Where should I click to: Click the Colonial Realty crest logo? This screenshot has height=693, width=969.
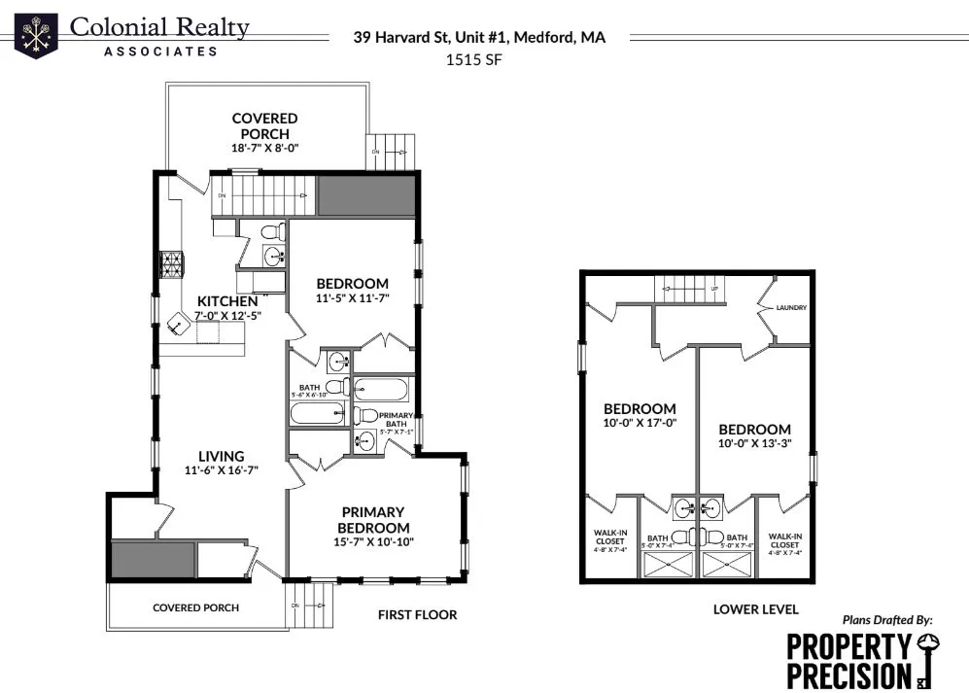pos(36,36)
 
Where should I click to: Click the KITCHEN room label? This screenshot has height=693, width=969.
pos(227,301)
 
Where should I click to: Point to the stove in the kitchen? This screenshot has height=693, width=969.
pos(172,264)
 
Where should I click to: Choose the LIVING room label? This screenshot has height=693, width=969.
pos(221,456)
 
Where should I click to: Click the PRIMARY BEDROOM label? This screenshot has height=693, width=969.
pos(372,519)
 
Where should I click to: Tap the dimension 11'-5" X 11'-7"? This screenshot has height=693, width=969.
pos(352,297)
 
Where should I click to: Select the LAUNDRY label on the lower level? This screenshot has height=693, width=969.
pos(791,308)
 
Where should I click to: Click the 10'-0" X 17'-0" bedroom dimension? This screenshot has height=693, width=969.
pos(640,424)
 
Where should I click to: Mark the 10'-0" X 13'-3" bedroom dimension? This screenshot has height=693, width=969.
pos(754,444)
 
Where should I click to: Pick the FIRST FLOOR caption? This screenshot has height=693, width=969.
pos(417,614)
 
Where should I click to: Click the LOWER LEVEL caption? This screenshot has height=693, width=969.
pos(755,609)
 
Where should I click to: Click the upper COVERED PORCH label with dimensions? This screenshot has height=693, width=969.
pos(264,133)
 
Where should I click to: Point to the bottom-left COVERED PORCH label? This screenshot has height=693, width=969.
pos(195,607)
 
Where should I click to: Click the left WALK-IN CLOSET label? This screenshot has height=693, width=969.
pos(609,540)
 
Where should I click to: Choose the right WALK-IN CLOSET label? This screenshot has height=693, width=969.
pos(784,540)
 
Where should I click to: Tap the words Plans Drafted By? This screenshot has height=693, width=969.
pos(886,619)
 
